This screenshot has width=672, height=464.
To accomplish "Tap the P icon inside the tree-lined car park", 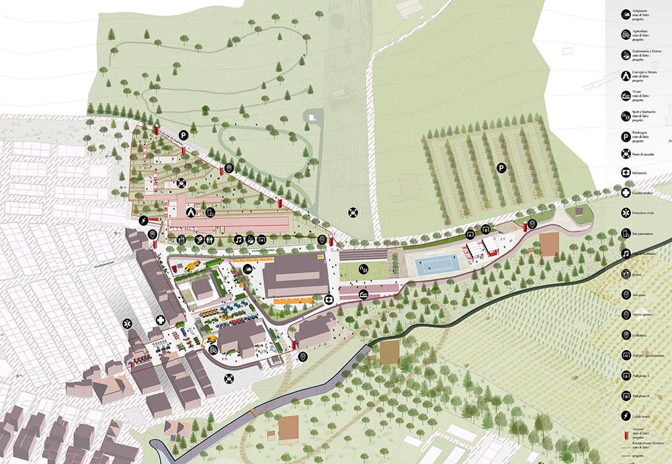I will tap(501, 167).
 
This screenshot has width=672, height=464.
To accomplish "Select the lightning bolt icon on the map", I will tap(143, 221).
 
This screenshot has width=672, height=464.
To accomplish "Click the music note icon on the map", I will tap(238, 239).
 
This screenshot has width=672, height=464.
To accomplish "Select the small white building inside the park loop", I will tap(311, 115).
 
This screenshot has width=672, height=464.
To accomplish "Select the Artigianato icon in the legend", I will tap(626, 13).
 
